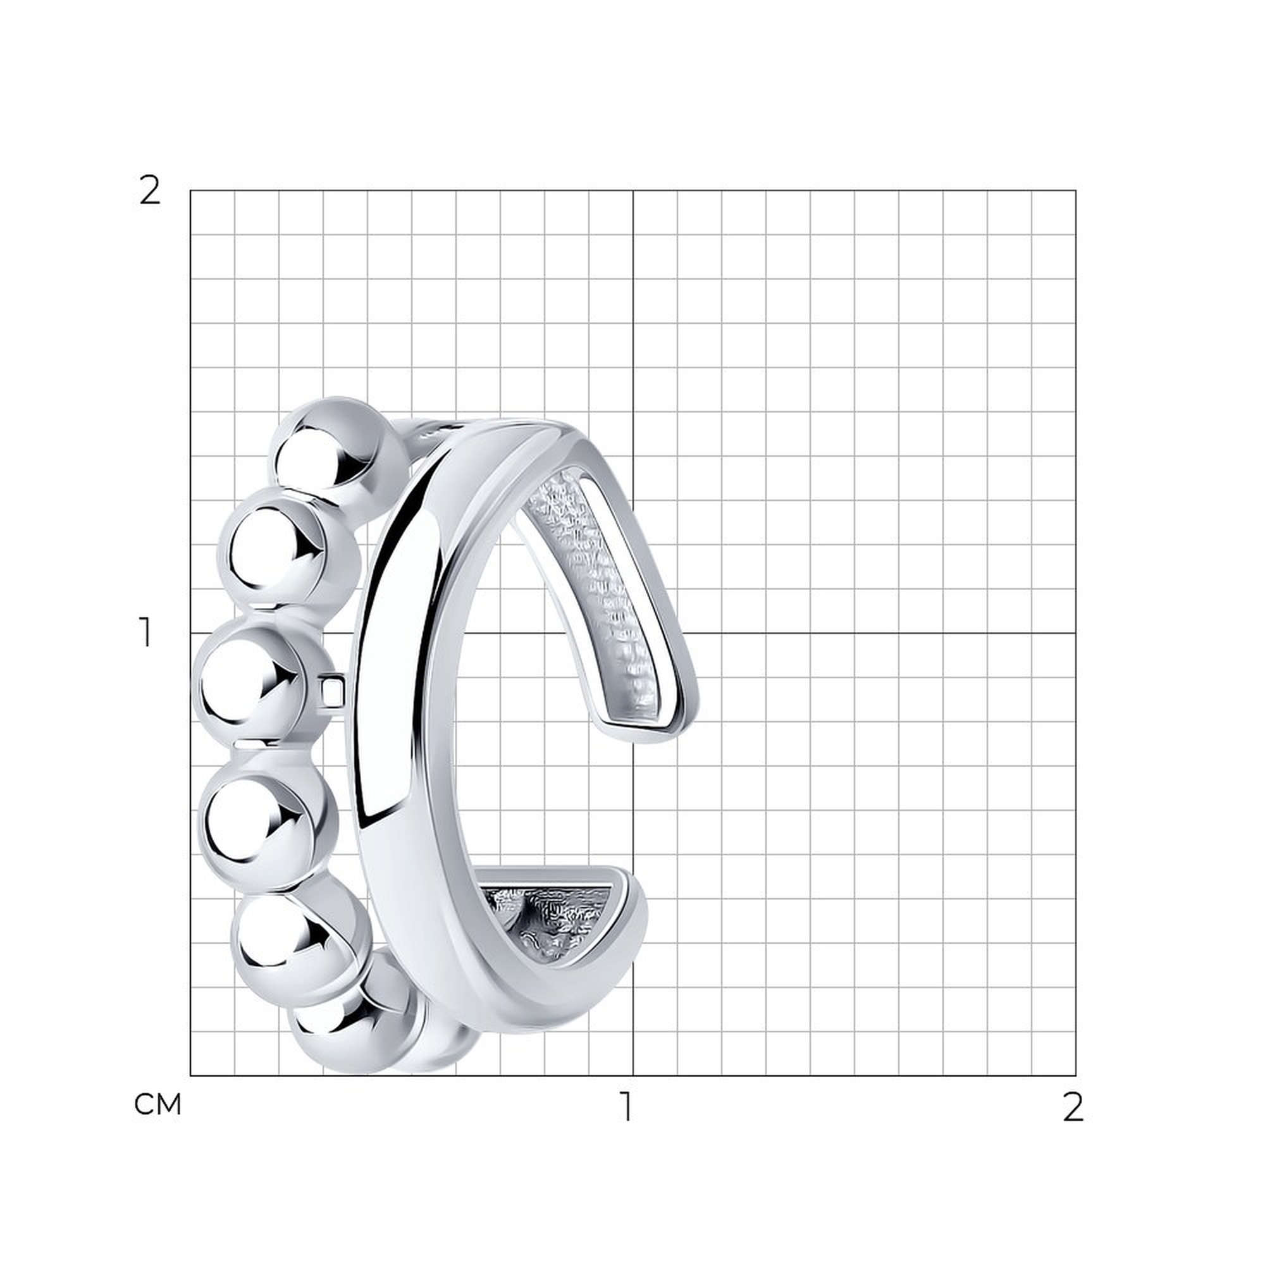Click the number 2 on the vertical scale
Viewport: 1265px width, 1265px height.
[x=150, y=191]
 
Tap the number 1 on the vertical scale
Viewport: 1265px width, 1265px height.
[x=146, y=632]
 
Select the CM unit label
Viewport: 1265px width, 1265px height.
[x=157, y=1104]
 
